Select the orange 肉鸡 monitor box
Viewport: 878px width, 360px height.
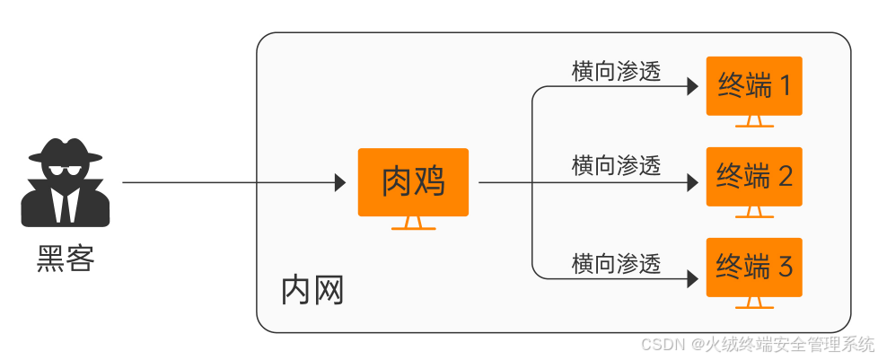[x=413, y=182]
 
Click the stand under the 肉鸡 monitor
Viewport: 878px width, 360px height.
[x=413, y=224]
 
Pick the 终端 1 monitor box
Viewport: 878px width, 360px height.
[x=754, y=86]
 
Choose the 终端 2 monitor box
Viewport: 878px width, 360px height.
[x=754, y=176]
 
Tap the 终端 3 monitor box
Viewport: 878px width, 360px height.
[x=754, y=267]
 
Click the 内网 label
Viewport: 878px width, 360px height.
[x=312, y=291]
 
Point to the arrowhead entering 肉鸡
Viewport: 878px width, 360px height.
[x=340, y=182]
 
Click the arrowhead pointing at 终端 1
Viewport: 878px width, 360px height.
[x=692, y=87]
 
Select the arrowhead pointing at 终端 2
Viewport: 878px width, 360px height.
[x=692, y=182]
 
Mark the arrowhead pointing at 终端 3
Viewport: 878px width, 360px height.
[x=692, y=277]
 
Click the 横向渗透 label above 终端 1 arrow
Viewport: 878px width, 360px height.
[x=616, y=72]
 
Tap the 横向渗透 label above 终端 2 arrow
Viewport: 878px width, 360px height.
[x=616, y=165]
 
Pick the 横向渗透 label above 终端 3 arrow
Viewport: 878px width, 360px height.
[x=616, y=264]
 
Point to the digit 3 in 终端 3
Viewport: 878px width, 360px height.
[x=785, y=267]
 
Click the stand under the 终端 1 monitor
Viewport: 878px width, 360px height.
[x=754, y=122]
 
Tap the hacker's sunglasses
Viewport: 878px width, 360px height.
[x=66, y=171]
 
